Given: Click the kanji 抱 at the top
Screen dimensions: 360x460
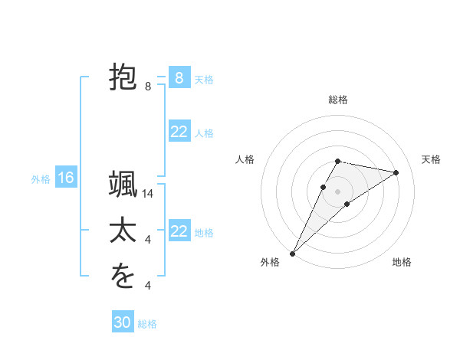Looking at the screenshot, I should click(123, 78).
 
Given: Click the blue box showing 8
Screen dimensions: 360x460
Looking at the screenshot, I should click(179, 78).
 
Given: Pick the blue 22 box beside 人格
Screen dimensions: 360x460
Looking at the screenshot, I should click(179, 132).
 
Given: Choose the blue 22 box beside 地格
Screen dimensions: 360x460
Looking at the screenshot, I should click(179, 231).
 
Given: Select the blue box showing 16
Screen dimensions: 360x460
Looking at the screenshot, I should click(66, 178).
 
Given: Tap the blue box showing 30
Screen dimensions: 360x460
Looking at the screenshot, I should click(123, 322).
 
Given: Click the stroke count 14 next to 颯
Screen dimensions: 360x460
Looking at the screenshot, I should click(148, 195).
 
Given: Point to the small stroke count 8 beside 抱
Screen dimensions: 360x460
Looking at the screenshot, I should click(148, 87).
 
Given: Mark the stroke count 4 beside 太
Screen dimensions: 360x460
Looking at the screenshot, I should click(148, 240).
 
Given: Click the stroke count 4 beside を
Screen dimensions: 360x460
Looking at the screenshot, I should click(148, 286).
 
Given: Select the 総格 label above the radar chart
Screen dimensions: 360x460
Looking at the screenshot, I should click(338, 100).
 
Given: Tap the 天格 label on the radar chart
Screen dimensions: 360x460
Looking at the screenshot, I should click(431, 159).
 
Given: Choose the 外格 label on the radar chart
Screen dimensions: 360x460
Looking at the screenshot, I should click(270, 262).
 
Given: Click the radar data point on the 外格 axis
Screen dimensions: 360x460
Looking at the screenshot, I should click(292, 253).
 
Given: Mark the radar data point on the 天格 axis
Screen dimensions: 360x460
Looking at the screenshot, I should click(396, 172).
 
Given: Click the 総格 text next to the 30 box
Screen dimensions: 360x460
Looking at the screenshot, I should click(147, 324).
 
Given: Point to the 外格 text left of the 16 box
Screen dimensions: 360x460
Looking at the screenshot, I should click(41, 178).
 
